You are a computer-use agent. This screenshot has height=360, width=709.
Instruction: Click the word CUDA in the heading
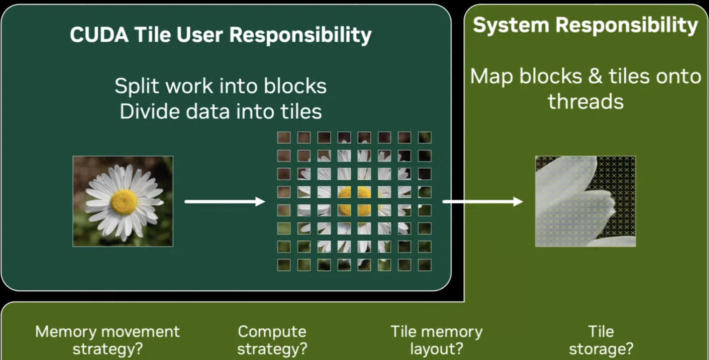point(99,35)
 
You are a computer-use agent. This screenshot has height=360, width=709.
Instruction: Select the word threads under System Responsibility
point(585,102)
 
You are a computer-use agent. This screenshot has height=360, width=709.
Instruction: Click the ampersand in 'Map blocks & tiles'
point(595,76)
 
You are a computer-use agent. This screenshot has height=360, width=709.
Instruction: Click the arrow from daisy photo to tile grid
point(225,201)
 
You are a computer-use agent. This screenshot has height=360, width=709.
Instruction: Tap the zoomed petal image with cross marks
point(585,201)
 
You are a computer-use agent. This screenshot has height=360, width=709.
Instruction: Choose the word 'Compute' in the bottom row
point(272,332)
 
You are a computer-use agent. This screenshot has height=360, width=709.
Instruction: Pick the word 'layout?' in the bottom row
point(436,349)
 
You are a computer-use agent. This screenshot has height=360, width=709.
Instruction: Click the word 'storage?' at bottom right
point(601,349)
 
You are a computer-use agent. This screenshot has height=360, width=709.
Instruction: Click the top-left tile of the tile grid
point(284,138)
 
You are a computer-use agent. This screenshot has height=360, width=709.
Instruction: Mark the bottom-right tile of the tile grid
point(425,265)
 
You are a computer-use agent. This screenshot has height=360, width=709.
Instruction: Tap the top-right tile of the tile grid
point(425,138)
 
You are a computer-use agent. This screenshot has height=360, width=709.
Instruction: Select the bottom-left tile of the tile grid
point(284,265)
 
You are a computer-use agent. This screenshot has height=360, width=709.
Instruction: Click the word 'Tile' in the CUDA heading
point(153,35)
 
